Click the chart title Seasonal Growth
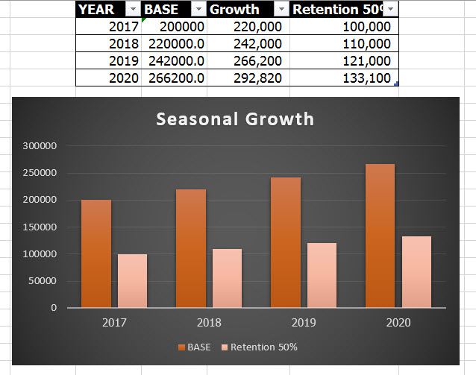(x=235, y=119)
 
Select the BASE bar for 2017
(x=96, y=253)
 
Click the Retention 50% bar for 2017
(x=132, y=280)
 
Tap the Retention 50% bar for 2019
(x=322, y=274)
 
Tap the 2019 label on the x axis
(x=304, y=323)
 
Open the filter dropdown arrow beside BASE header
(x=198, y=9)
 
